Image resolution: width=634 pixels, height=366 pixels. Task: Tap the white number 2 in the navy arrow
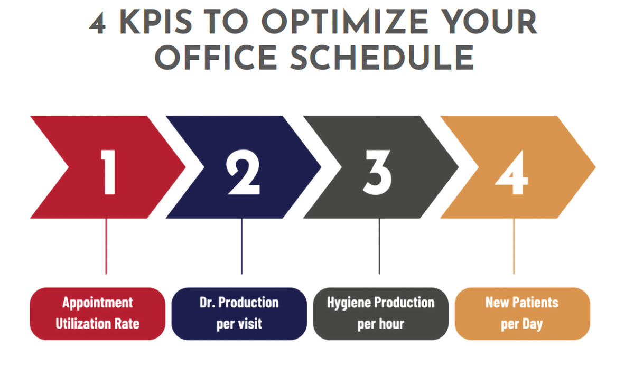(x=244, y=172)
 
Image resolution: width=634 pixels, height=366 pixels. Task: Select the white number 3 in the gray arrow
(x=377, y=172)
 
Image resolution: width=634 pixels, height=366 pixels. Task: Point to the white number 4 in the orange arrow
(x=512, y=172)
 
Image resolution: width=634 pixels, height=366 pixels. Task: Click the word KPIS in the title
(x=156, y=22)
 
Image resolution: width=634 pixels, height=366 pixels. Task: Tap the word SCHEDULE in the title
(x=382, y=58)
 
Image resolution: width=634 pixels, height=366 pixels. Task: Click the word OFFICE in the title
(x=216, y=58)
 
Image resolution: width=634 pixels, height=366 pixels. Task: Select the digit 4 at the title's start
(x=98, y=24)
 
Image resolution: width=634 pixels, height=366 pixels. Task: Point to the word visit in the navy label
(x=250, y=323)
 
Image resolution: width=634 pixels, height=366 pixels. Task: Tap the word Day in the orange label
(x=533, y=324)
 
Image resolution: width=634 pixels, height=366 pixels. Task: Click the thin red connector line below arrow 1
(x=106, y=246)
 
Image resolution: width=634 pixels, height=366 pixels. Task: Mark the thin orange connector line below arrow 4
(x=514, y=246)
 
